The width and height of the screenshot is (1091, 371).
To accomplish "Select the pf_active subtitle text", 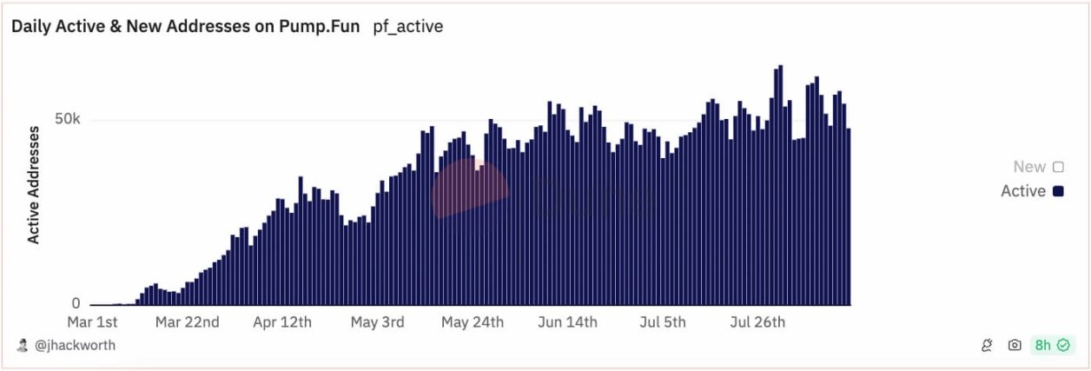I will pyautogui.click(x=407, y=26).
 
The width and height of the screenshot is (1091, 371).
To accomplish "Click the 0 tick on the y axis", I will pyautogui.click(x=76, y=303).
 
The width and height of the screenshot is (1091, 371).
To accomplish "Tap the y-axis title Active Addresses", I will pyautogui.click(x=34, y=184).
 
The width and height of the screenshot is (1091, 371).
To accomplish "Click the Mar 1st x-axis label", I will pyautogui.click(x=93, y=322).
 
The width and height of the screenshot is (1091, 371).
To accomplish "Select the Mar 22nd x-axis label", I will pyautogui.click(x=187, y=322).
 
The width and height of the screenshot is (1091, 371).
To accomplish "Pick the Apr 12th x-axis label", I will pyautogui.click(x=282, y=322).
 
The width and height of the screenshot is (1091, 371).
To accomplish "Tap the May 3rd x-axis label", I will pyautogui.click(x=377, y=322).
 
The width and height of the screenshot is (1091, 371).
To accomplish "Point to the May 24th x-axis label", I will pyautogui.click(x=473, y=322).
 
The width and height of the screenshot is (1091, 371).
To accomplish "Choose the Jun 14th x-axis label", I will pyautogui.click(x=567, y=322).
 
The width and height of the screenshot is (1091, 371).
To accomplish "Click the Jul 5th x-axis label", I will pyautogui.click(x=662, y=322).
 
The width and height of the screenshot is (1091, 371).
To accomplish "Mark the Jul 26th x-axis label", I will pyautogui.click(x=757, y=322).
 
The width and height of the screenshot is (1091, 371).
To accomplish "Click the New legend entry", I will pyautogui.click(x=1038, y=167).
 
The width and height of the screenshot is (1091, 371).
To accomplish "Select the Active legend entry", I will pyautogui.click(x=1032, y=191).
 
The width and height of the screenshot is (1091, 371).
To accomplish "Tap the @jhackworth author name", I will pyautogui.click(x=75, y=346).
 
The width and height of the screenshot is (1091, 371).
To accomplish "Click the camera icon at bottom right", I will pyautogui.click(x=1015, y=346).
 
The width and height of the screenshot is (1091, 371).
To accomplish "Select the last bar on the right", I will pyautogui.click(x=848, y=217).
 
